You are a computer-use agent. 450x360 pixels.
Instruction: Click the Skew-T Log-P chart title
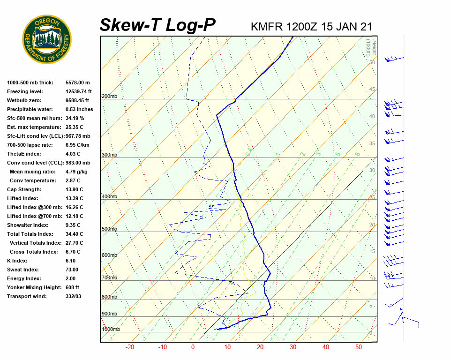(157, 25)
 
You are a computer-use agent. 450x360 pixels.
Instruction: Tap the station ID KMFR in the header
(267, 27)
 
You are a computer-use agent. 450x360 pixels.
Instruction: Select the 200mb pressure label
(109, 97)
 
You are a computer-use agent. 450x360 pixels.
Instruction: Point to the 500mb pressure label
(109, 229)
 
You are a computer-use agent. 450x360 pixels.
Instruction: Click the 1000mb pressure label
(111, 329)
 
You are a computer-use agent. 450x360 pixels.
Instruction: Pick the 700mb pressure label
(109, 278)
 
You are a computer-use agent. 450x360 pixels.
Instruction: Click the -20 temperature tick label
(130, 347)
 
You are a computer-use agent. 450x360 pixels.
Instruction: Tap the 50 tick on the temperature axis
(359, 347)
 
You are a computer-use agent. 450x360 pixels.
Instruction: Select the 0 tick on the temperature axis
(193, 347)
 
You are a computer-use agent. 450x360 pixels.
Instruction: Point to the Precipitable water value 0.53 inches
(79, 109)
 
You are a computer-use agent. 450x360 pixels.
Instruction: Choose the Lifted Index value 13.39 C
(75, 198)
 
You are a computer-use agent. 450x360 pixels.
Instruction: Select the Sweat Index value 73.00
(72, 270)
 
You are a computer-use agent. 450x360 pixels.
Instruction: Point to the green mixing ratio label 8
(357, 154)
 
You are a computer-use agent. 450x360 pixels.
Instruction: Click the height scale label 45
(372, 90)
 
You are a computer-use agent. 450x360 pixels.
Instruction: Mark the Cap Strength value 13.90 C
(75, 189)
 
